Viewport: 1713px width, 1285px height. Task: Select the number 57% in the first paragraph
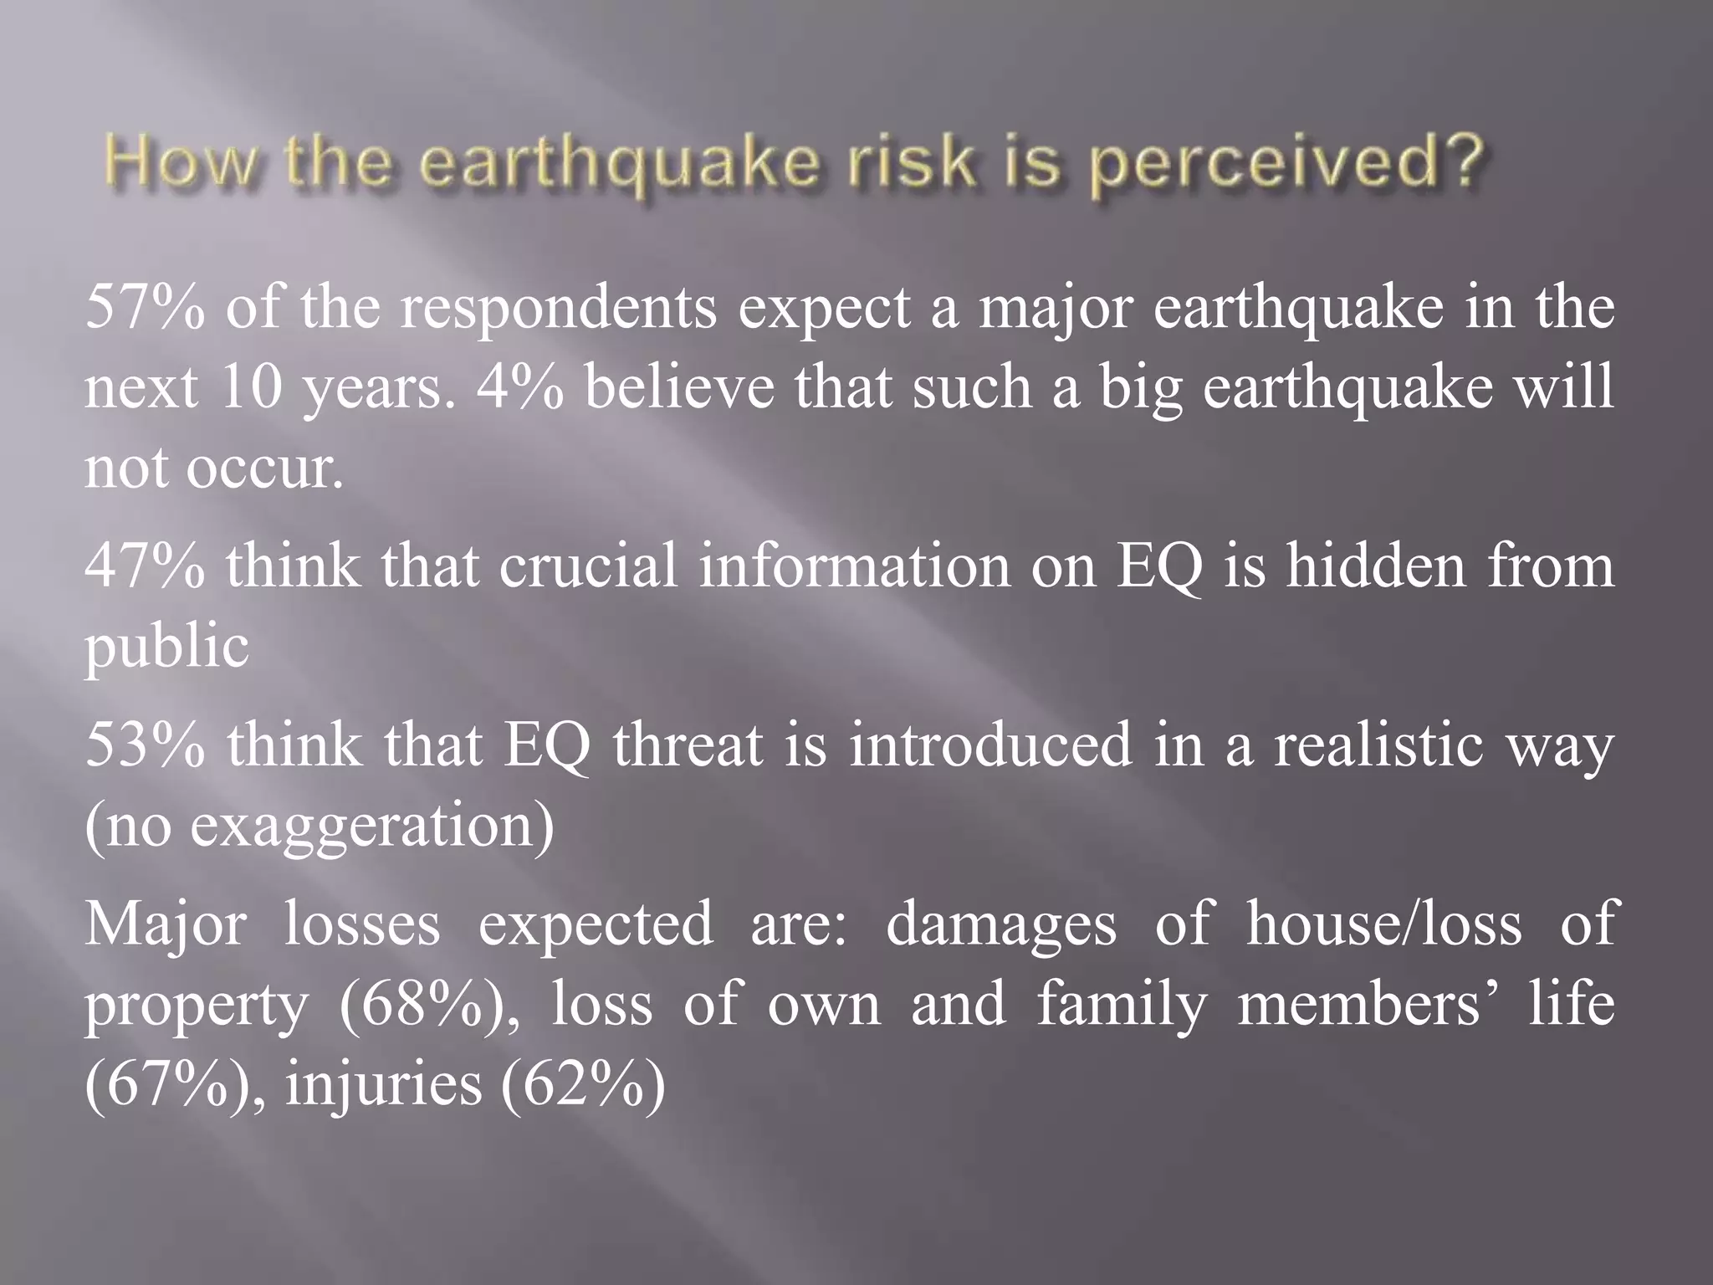click(145, 308)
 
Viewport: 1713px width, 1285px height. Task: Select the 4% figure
click(519, 388)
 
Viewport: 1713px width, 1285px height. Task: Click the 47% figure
click(145, 566)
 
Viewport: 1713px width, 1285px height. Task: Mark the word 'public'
click(167, 647)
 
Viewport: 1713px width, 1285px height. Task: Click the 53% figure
click(145, 745)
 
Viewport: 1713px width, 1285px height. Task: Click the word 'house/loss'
click(1384, 924)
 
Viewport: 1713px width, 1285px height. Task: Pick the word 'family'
click(1122, 1004)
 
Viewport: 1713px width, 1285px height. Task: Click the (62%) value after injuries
click(583, 1084)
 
